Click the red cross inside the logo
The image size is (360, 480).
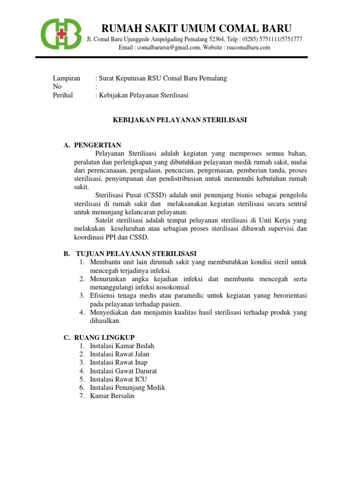(60, 34)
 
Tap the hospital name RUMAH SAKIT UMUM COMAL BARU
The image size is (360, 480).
(194, 28)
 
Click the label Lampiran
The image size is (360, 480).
(66, 78)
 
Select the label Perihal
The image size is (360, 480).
(63, 95)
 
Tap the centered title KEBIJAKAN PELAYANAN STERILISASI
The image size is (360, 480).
(180, 120)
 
